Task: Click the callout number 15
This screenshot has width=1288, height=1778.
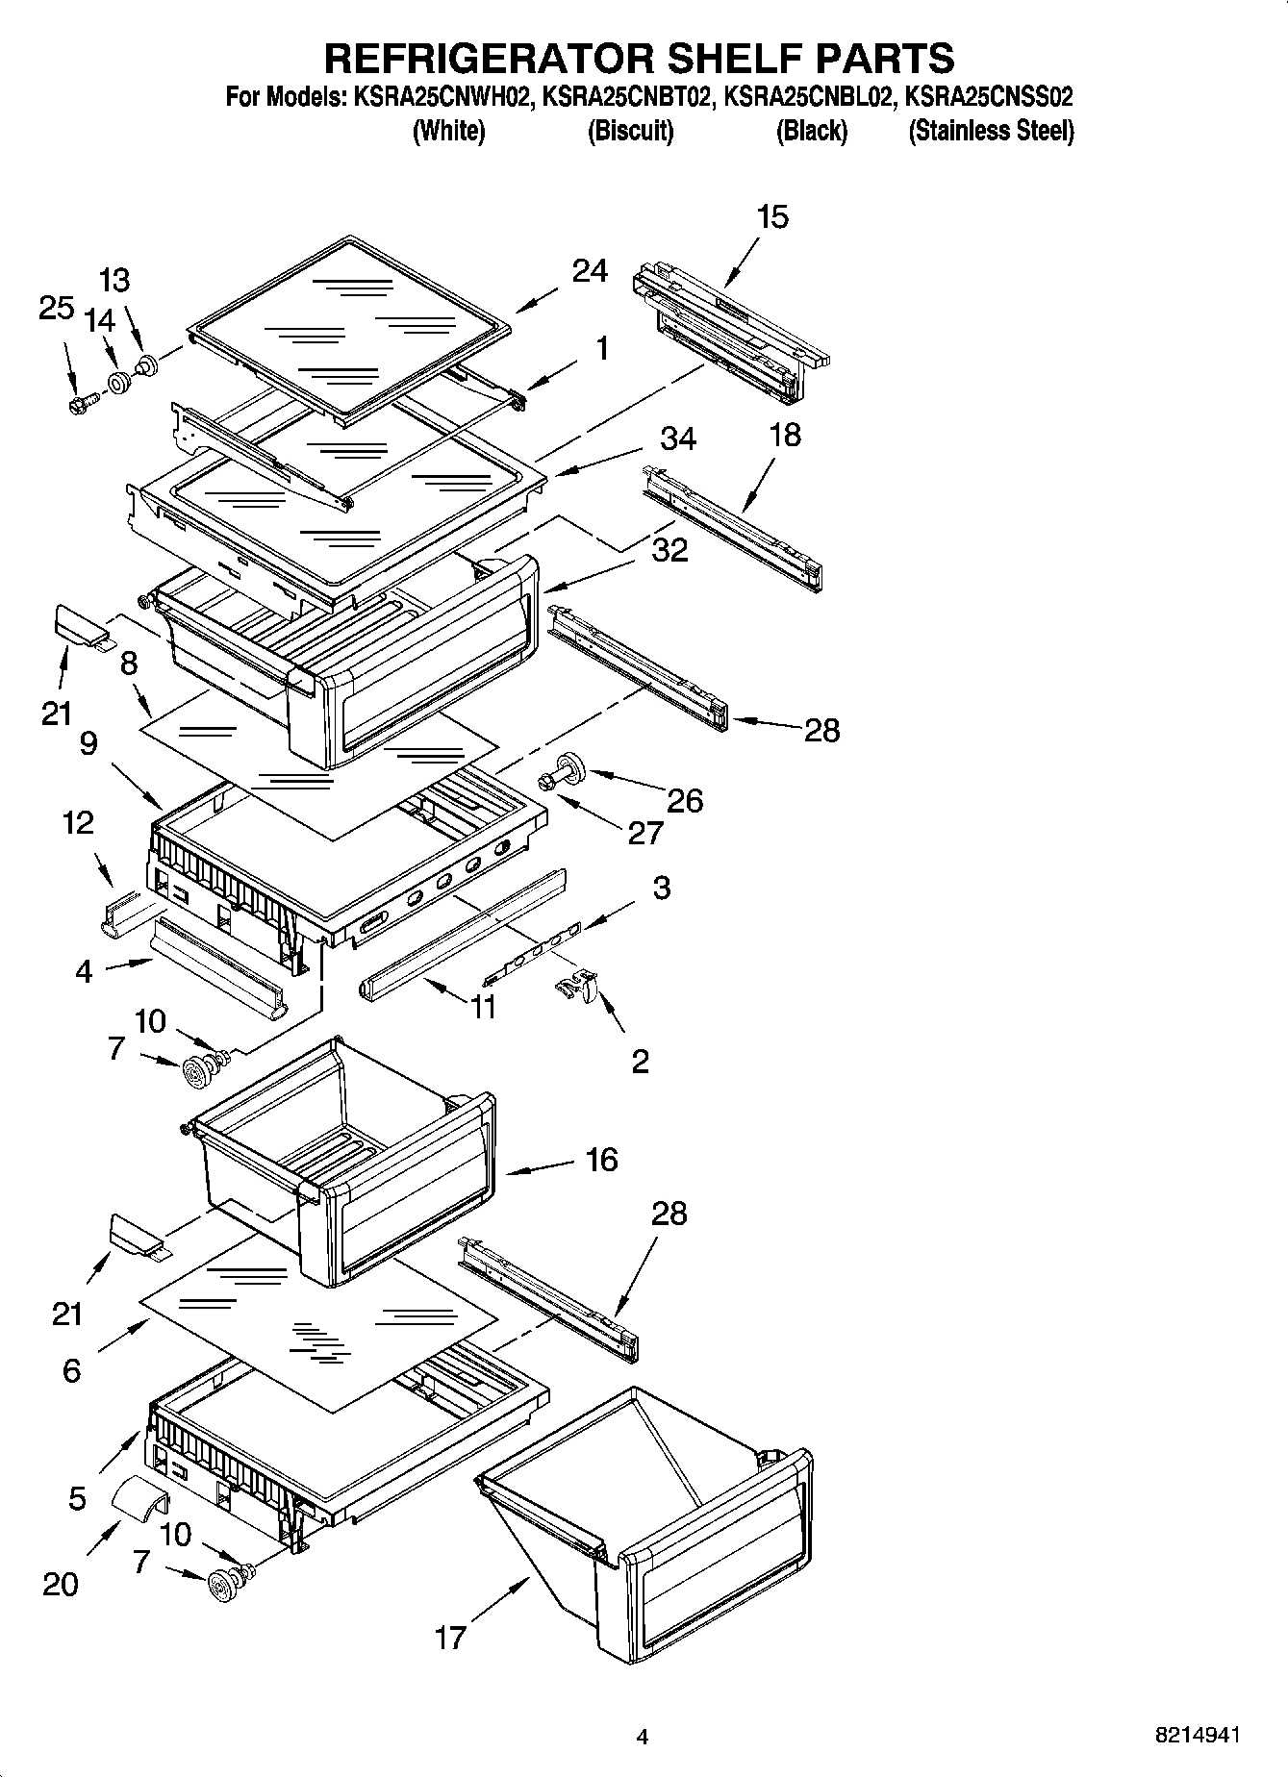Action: (772, 217)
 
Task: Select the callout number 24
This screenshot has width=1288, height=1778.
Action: (590, 272)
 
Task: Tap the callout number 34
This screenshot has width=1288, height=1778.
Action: (678, 438)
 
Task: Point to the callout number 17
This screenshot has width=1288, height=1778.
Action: (450, 1637)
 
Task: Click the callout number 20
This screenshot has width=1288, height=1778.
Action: (60, 1584)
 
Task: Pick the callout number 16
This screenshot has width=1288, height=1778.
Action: (601, 1160)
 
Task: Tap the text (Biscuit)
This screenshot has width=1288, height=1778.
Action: (630, 131)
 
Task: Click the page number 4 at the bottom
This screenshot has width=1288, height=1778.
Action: (643, 1737)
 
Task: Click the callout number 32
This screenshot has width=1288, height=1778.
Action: (670, 550)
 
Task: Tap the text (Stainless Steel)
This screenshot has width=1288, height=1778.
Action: (991, 131)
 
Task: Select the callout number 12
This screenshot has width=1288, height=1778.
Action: (79, 822)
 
